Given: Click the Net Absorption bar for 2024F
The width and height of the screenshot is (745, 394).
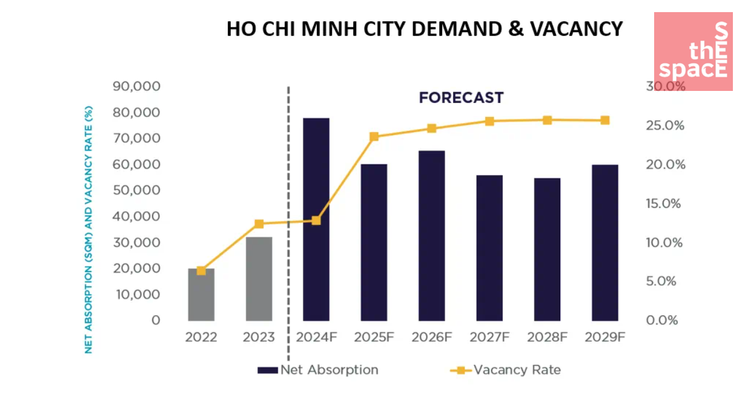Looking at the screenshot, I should click(x=316, y=219).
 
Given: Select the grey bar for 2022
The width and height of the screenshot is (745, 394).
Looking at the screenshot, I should click(x=201, y=295).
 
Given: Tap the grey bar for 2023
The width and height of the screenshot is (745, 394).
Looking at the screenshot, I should click(x=259, y=279).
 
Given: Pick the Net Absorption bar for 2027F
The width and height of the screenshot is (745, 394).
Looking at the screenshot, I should click(x=489, y=248).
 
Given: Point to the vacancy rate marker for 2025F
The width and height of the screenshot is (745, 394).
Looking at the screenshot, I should click(x=374, y=136).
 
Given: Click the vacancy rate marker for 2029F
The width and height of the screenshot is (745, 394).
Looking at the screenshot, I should click(x=604, y=120).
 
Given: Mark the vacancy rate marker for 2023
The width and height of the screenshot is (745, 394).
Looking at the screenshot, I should click(x=259, y=224).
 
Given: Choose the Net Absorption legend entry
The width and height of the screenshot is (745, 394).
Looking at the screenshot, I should click(x=318, y=370).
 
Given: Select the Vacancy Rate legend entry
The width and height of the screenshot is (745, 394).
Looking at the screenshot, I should click(x=505, y=370).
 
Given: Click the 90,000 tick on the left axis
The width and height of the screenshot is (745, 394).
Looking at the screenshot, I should click(x=137, y=87).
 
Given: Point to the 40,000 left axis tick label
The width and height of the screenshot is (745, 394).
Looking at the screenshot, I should click(x=137, y=216).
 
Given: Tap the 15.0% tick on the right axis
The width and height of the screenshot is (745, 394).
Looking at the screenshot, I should click(x=664, y=204).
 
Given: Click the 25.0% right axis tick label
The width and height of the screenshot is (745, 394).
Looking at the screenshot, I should click(x=664, y=126).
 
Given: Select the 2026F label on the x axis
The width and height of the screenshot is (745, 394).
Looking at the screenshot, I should click(x=431, y=338).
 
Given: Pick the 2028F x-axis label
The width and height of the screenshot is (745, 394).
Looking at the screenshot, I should click(x=546, y=338).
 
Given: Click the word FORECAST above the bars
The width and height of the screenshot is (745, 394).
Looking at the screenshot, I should click(x=461, y=98).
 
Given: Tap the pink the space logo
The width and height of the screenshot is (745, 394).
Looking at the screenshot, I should click(x=694, y=52).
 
